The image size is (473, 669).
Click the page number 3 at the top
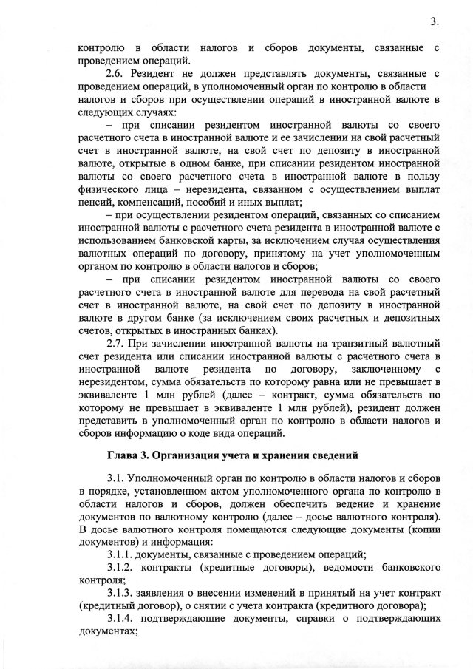click(x=434, y=23)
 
